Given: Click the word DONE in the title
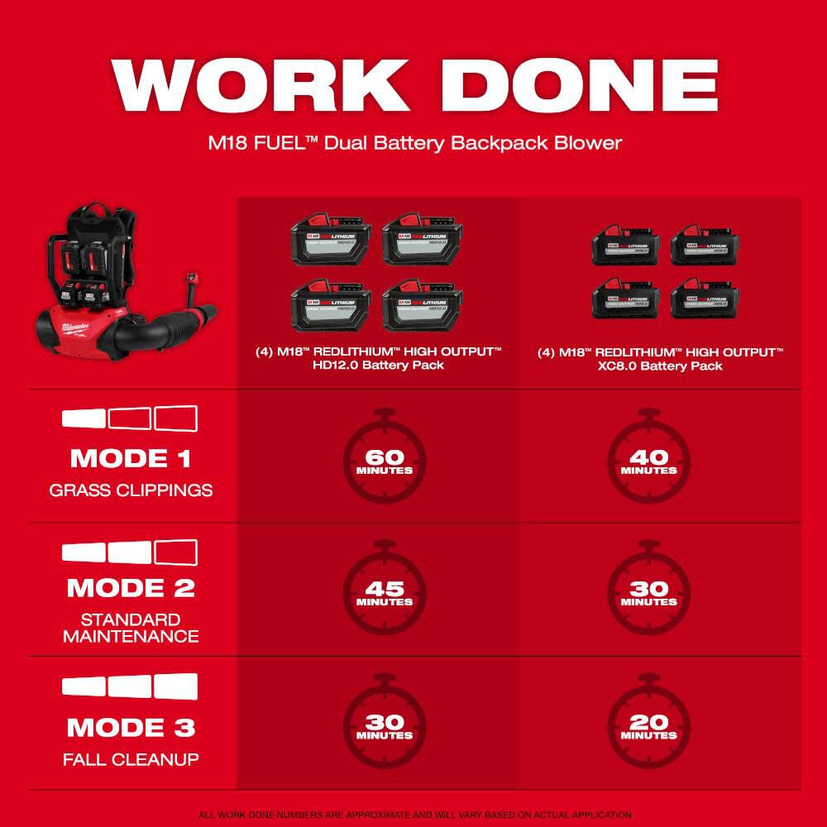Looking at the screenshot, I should tap(577, 85).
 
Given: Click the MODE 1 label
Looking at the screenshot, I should tap(131, 457).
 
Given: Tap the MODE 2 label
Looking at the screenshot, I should tap(131, 588).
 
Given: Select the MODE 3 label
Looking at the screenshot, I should tap(131, 727).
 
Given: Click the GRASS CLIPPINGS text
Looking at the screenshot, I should tap(131, 490).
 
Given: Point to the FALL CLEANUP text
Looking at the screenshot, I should tap(131, 759).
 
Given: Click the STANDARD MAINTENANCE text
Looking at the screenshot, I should tap(131, 628).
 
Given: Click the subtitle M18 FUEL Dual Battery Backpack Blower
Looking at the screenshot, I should tap(413, 142).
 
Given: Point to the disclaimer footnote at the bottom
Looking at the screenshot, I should tap(413, 815).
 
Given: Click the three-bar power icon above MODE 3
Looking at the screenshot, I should tap(131, 686).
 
